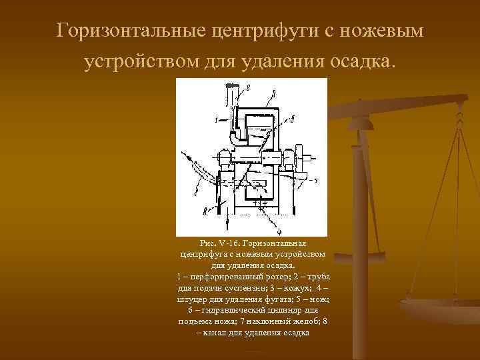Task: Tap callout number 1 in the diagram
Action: coord(216,120)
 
